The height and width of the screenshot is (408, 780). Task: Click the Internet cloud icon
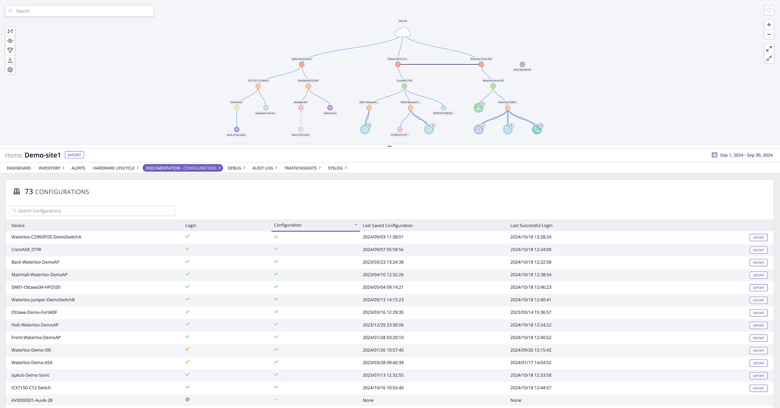pos(403,32)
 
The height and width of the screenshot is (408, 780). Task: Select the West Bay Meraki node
pos(522,64)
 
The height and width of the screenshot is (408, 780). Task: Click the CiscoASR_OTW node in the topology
pos(404,86)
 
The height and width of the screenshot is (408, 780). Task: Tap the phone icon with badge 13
pos(537,130)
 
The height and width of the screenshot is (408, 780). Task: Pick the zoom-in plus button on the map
pos(769,25)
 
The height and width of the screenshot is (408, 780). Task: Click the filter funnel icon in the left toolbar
pos(10,50)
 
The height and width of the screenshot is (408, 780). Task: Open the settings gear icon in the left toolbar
pos(10,70)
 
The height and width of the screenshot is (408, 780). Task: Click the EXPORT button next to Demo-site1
pos(74,155)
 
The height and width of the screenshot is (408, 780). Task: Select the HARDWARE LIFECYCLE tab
pos(114,168)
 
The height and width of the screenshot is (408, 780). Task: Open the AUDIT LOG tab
pos(263,168)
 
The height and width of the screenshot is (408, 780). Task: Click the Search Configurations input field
pos(92,211)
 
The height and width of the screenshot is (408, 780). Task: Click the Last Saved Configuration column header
pos(387,225)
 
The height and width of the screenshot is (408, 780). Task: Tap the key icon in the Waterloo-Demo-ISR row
pos(188,349)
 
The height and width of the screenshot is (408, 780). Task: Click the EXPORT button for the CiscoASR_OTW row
pos(758,250)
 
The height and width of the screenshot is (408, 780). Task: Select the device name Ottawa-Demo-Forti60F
pos(34,312)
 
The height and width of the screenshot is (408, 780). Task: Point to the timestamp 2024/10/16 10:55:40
pos(383,388)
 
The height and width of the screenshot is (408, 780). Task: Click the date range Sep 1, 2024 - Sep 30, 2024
pos(746,155)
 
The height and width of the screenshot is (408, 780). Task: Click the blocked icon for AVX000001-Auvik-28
pos(188,400)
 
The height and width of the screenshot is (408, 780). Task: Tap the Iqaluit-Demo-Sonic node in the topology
pos(302,64)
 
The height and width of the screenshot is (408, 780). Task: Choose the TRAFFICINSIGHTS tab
pos(300,168)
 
